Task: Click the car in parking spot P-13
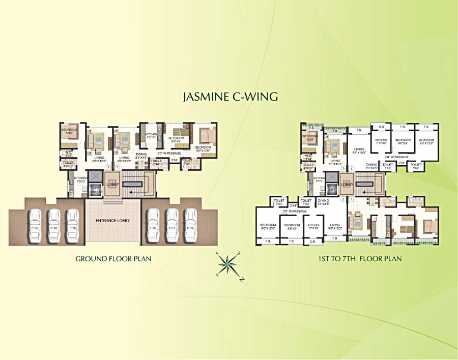point(35,225)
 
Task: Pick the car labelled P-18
point(190,225)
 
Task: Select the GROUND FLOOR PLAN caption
point(113,259)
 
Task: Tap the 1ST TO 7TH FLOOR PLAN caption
point(360,259)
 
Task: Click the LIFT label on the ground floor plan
point(95,189)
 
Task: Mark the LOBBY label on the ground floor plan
point(112,184)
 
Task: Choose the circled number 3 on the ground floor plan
point(107,166)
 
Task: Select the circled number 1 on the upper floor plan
point(351,200)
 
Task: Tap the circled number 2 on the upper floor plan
point(343,200)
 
